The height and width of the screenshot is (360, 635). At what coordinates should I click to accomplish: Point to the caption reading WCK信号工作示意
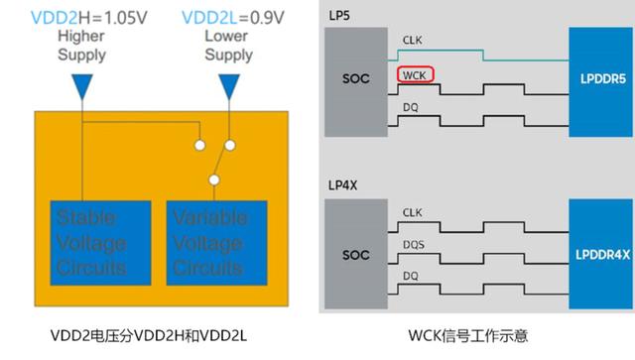[477, 336]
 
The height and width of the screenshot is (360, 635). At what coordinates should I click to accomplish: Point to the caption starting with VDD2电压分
[161, 336]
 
